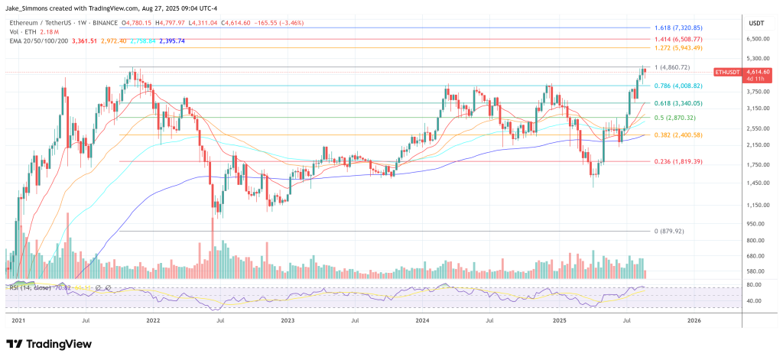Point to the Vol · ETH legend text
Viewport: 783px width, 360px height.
(22, 31)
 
